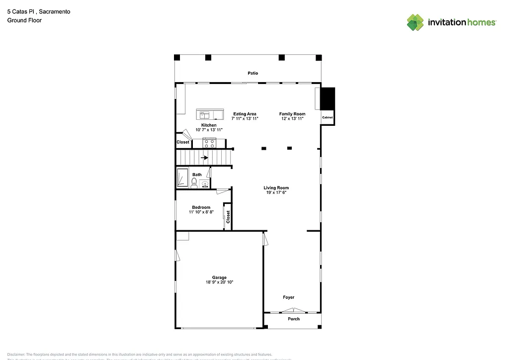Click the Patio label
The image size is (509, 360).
(253, 73)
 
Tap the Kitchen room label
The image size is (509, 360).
(209, 125)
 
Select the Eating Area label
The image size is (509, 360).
(245, 114)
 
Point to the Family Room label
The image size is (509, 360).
(292, 114)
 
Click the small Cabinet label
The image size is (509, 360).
(327, 117)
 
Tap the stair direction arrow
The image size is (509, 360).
(204, 158)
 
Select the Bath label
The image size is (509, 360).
(197, 175)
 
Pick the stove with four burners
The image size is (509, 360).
(209, 143)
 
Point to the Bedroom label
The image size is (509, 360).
(201, 207)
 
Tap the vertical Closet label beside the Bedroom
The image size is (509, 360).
(228, 217)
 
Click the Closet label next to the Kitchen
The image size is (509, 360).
(183, 142)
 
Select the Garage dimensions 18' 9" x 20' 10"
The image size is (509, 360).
(219, 282)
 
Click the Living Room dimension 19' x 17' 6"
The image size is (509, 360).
(276, 192)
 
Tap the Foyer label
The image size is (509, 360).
(289, 297)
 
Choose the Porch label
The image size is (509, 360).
(294, 319)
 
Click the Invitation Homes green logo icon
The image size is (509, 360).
(416, 22)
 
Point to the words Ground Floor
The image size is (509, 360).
(24, 20)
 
